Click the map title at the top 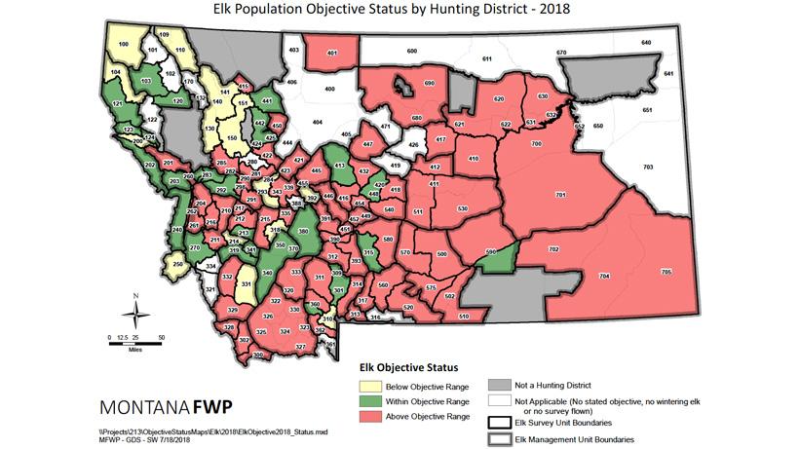tap(399, 12)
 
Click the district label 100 tap(124, 45)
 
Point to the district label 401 tap(332, 53)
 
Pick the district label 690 tap(428, 85)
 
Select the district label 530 tap(463, 208)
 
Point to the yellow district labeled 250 tap(177, 264)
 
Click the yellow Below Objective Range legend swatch tap(366, 387)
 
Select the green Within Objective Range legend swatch tap(366, 401)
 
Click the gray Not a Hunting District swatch tap(500, 386)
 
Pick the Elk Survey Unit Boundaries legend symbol tap(500, 423)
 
